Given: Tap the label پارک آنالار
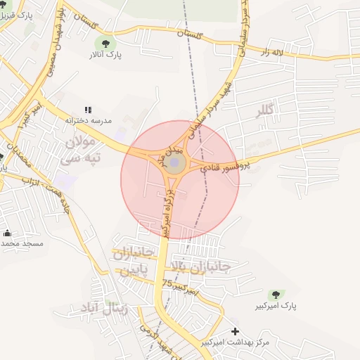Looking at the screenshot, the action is point(106,54).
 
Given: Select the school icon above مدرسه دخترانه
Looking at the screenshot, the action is point(88,110).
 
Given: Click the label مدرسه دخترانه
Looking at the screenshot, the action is point(89,121).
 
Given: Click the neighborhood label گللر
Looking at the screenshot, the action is point(266,110).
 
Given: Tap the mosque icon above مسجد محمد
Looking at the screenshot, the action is point(7,233).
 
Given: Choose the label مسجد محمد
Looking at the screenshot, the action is point(22,243).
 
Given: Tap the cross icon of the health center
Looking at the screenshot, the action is point(235,331).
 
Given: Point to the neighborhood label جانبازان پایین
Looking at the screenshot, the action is point(132,262).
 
